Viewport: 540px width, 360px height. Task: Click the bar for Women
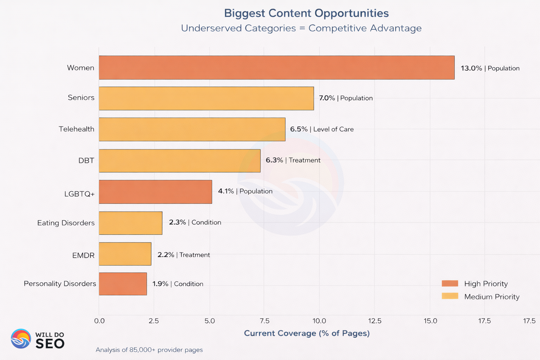click(x=276, y=67)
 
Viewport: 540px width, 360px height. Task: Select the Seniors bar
click(x=206, y=98)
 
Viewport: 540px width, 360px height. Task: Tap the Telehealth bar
click(x=192, y=129)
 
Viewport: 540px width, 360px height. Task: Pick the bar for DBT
click(x=179, y=161)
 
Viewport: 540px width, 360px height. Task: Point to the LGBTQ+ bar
click(x=155, y=192)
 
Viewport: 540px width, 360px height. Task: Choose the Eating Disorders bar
click(x=130, y=223)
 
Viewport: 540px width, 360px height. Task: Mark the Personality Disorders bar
click(x=123, y=284)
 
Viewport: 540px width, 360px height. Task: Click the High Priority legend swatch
click(x=450, y=284)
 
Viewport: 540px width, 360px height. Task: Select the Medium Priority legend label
click(x=491, y=297)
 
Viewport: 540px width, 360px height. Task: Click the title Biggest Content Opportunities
click(x=306, y=13)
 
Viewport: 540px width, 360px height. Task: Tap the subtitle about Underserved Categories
click(x=301, y=28)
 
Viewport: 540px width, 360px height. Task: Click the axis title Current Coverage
click(x=307, y=333)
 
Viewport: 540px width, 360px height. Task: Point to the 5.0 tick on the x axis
click(x=210, y=321)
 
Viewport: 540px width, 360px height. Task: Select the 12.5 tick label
click(x=375, y=321)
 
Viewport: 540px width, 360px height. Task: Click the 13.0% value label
click(x=471, y=68)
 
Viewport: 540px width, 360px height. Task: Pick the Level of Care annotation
click(x=333, y=129)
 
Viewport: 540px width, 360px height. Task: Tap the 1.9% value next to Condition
click(x=160, y=284)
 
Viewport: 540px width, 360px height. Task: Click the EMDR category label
click(x=83, y=255)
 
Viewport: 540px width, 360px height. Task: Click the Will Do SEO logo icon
click(x=21, y=339)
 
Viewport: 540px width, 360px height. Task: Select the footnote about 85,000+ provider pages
click(x=149, y=350)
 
